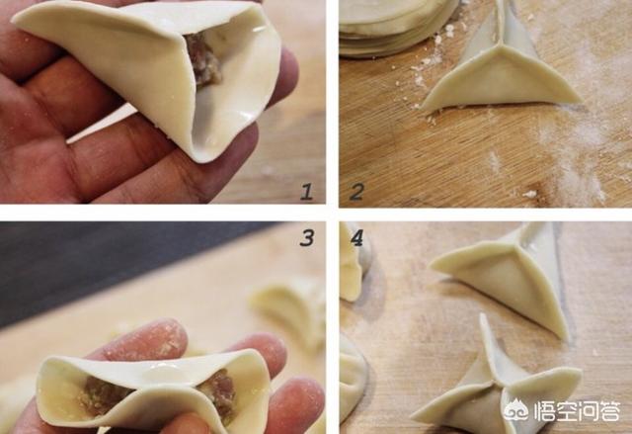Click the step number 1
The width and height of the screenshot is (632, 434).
pyautogui.click(x=307, y=191)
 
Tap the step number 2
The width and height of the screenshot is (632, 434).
pyautogui.click(x=356, y=192)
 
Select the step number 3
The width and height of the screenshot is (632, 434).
pyautogui.click(x=307, y=237)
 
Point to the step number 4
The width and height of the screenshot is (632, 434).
pyautogui.click(x=356, y=237)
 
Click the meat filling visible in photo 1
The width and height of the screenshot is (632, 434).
pyautogui.click(x=204, y=59)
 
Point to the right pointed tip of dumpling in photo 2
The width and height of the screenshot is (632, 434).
pyautogui.click(x=579, y=99)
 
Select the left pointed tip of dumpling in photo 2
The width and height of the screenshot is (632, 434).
pyautogui.click(x=424, y=108)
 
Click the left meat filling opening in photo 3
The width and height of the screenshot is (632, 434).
pyautogui.click(x=101, y=396)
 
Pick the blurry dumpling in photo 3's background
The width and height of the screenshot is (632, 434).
pyautogui.click(x=289, y=310)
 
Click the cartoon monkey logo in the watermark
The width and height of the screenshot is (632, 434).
pyautogui.click(x=516, y=411)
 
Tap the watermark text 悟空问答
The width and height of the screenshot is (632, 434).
pyautogui.click(x=577, y=411)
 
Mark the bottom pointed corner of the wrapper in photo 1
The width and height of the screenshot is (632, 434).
pyautogui.click(x=204, y=158)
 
